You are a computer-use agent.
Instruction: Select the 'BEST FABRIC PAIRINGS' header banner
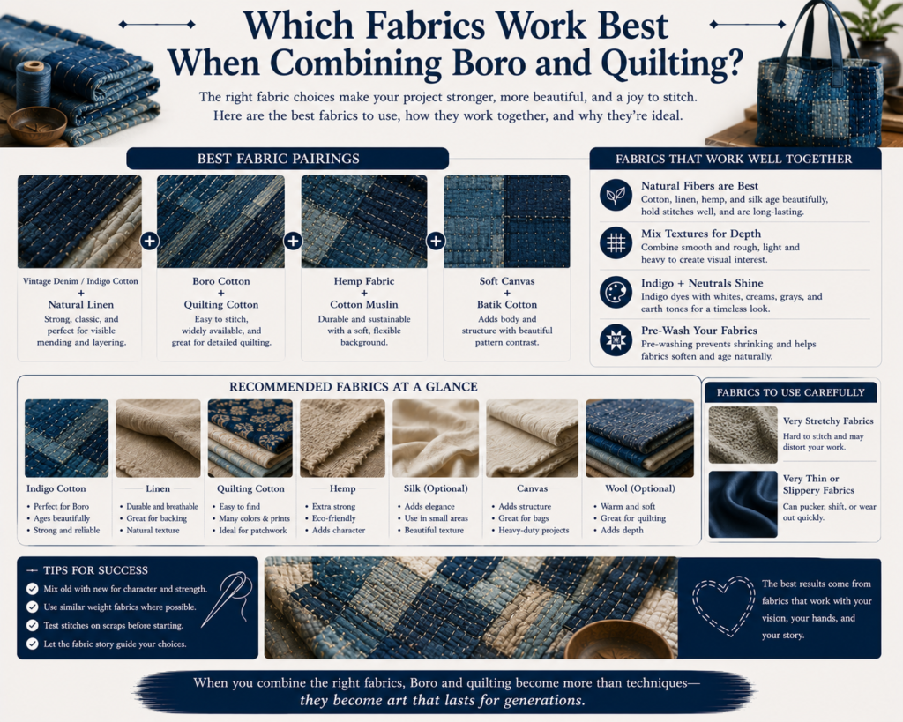[x=287, y=159]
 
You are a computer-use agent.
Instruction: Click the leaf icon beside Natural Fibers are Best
[x=616, y=195]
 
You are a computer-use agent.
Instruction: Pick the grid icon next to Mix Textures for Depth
[x=616, y=242]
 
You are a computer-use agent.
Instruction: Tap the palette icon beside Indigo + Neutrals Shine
[x=616, y=292]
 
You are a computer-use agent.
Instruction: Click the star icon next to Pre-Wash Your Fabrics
[x=616, y=339]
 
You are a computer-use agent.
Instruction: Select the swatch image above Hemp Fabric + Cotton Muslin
[x=364, y=221]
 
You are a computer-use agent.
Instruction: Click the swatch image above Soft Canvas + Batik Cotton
[x=507, y=221]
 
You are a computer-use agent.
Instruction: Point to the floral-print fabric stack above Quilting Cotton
[x=250, y=438]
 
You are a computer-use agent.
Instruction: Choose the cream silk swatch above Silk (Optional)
[x=436, y=438]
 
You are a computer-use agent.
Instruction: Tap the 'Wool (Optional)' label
[x=640, y=488]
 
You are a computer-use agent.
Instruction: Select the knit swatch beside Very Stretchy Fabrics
[x=743, y=435]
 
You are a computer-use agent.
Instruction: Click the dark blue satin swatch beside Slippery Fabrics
[x=743, y=504]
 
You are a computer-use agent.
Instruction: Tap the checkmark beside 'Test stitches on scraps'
[x=33, y=625]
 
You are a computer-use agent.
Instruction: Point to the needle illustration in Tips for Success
[x=227, y=599]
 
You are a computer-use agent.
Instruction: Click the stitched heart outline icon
[x=723, y=605]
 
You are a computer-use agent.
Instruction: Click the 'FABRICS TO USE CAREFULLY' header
[x=791, y=392]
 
